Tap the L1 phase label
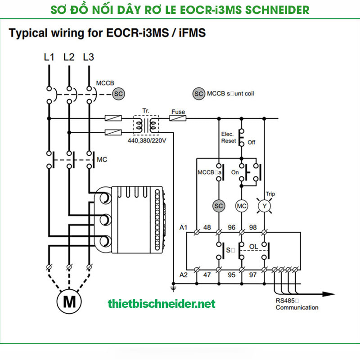tap(49, 57)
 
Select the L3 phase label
tap(89, 57)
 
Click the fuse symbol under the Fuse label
tap(178, 118)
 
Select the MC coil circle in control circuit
tap(242, 205)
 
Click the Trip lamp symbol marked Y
tap(264, 205)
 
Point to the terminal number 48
tap(207, 227)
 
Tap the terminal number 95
tap(231, 274)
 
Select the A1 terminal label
tap(184, 227)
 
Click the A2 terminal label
tap(184, 274)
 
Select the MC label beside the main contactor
tap(103, 159)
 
